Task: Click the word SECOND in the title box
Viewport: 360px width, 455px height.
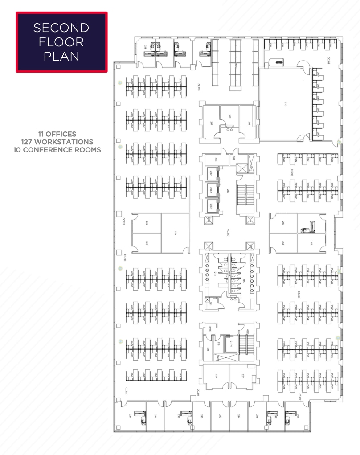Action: point(61,28)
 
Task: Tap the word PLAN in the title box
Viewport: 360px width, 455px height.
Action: point(61,57)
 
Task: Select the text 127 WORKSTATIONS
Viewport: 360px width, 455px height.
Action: point(57,142)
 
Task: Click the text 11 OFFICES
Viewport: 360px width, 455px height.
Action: point(57,134)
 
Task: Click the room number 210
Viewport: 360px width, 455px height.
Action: point(286,104)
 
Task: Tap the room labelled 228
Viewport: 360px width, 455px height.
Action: point(175,233)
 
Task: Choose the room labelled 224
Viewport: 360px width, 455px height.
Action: point(147,223)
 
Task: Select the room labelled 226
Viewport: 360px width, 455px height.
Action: point(147,243)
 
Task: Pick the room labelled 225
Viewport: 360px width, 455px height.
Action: point(216,376)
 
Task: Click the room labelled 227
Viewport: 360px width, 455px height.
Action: point(243,376)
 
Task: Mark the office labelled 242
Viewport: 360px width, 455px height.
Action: point(220,416)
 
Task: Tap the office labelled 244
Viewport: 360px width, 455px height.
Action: point(239,416)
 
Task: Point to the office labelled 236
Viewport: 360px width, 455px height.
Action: point(155,416)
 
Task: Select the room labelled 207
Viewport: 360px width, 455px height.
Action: point(211,123)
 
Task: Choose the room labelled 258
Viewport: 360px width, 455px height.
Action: point(283,243)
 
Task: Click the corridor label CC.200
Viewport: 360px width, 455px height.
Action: point(228,232)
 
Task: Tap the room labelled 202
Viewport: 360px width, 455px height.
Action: point(283,223)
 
